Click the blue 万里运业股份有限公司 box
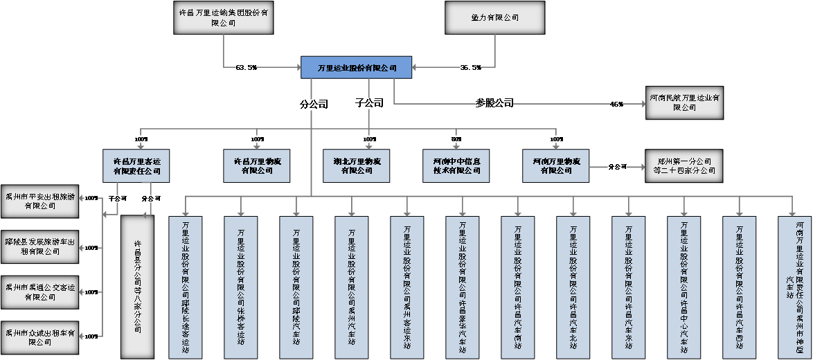tap(357, 67)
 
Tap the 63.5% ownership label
tap(245, 67)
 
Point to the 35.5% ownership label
tap(470, 67)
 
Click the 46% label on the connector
tap(616, 104)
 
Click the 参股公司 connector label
tap(494, 103)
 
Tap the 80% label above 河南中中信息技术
tap(456, 139)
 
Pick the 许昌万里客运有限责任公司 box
tap(136, 165)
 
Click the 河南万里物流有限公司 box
tap(555, 165)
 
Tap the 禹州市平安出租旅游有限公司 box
tap(39, 200)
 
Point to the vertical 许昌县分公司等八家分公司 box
tap(137, 287)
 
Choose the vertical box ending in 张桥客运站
tap(241, 287)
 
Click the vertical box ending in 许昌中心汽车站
tap(684, 287)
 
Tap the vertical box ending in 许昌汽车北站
tap(573, 287)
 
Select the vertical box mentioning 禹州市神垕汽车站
tap(795, 287)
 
